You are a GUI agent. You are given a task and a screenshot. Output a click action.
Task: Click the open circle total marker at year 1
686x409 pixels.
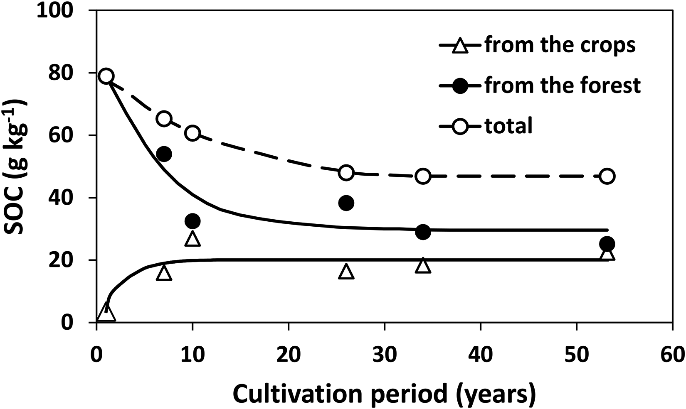click(106, 76)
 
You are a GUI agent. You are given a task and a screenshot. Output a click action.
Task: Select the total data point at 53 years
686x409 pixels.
click(607, 176)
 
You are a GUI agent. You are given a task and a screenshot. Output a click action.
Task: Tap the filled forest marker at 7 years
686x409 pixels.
click(164, 154)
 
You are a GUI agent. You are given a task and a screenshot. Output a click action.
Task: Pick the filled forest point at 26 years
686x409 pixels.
click(346, 203)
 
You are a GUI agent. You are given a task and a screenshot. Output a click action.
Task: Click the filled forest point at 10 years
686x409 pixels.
click(192, 221)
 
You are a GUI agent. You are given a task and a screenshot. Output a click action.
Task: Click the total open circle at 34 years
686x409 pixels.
click(423, 176)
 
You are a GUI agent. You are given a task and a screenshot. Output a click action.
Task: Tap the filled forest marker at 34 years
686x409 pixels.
click(423, 232)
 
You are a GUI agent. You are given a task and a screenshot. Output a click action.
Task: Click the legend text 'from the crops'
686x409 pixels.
click(560, 45)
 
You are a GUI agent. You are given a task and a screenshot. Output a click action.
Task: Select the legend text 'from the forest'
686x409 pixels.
click(563, 85)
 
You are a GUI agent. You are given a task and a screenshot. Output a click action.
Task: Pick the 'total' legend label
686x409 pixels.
click(509, 125)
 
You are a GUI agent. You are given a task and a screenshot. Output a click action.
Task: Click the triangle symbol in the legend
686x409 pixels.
click(460, 46)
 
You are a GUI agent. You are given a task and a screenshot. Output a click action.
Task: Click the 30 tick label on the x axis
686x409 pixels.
click(384, 355)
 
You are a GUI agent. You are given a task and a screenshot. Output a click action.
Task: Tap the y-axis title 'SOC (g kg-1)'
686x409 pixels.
click(17, 167)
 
